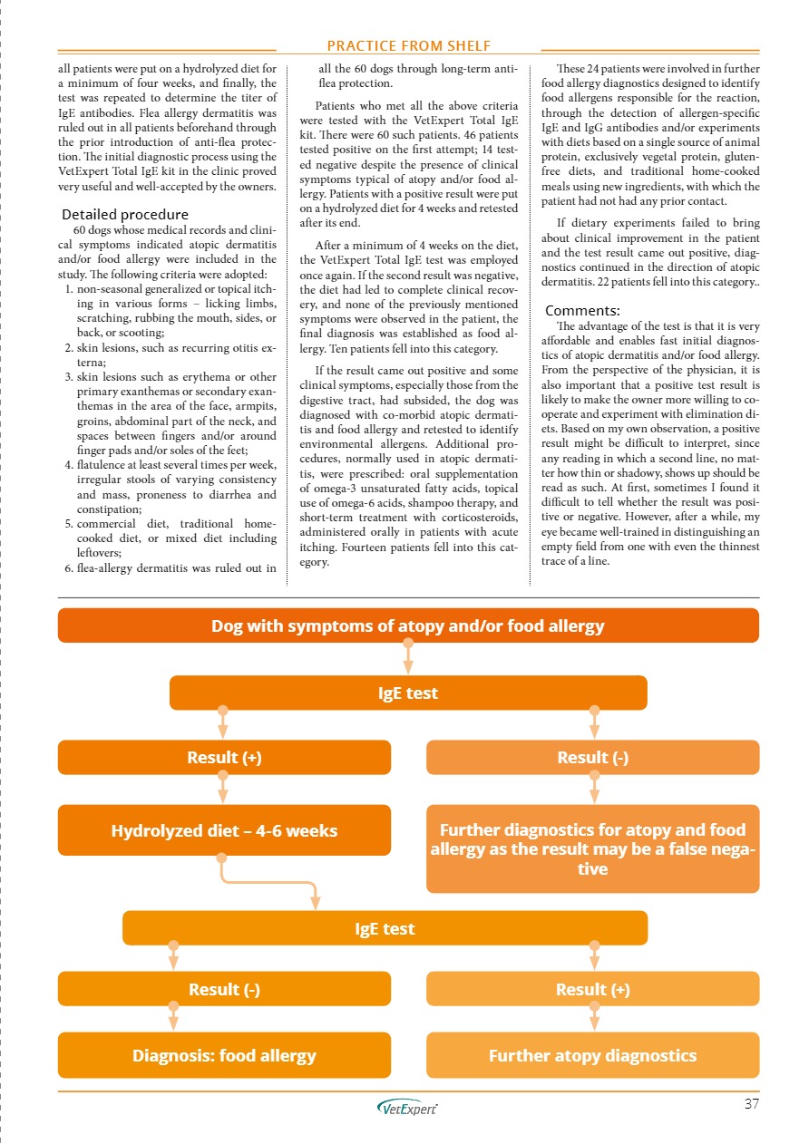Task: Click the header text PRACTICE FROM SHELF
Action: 409,45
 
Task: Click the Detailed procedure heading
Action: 124,215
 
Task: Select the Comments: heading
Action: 582,310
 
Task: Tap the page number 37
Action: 751,1103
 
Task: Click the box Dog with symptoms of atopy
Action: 408,625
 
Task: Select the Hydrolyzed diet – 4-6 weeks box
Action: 224,830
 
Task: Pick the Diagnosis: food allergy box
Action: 224,1055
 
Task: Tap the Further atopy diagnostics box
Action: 592,1055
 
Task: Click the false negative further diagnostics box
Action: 592,848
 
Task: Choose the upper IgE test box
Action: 408,693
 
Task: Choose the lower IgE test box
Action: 385,928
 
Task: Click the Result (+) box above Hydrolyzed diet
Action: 224,758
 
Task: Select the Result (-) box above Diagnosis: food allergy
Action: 224,989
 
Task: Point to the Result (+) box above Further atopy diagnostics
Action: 592,989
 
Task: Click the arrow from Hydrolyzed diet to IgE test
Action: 272,882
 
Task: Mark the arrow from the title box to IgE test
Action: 408,658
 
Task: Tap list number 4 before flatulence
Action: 70,466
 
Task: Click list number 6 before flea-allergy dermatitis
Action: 70,569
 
